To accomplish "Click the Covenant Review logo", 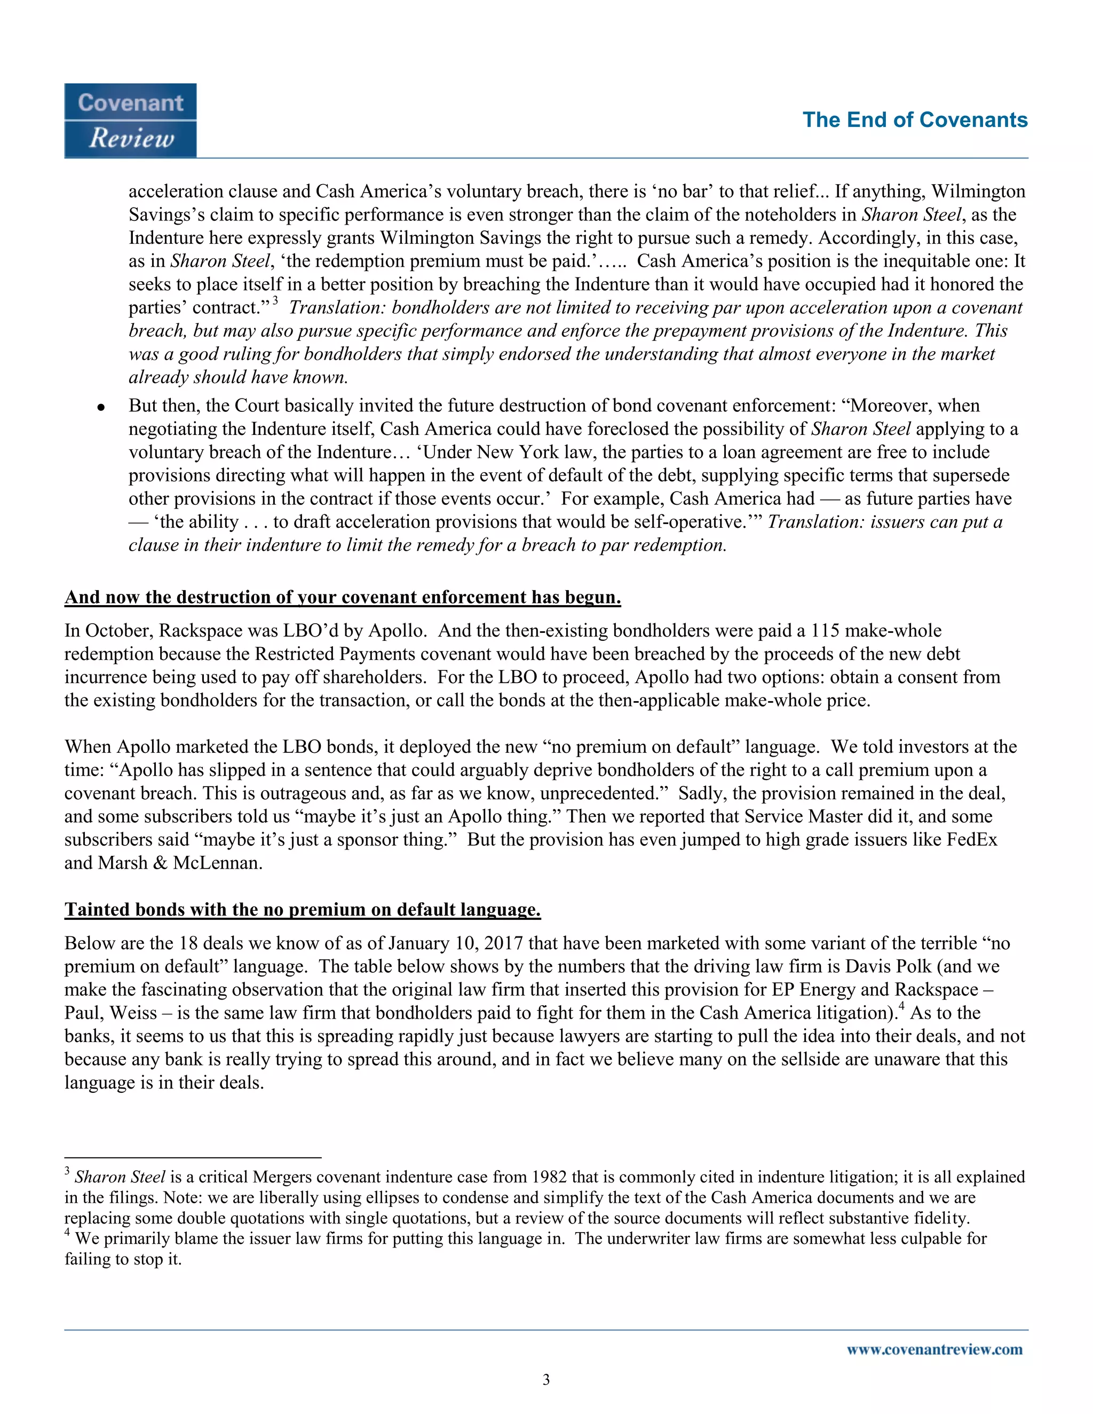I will (130, 121).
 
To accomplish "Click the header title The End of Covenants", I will (914, 121).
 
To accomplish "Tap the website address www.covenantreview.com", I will (934, 1349).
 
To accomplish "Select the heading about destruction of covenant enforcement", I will (343, 597).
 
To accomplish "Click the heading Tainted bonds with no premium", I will (303, 910).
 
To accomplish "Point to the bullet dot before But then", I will (101, 407).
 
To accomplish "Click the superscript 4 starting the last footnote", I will (67, 1233).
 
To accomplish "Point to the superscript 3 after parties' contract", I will (275, 300).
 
